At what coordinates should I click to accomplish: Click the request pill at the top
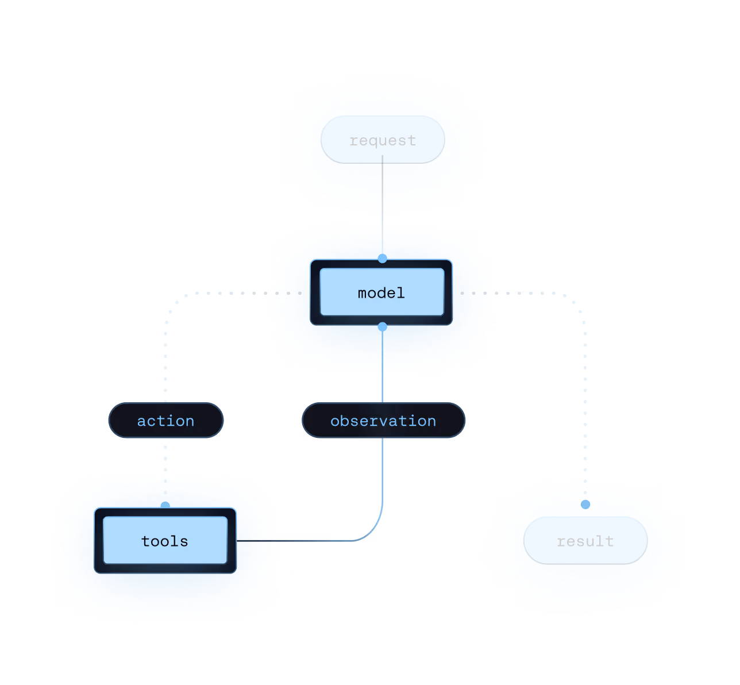(x=383, y=140)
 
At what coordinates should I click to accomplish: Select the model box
(x=381, y=293)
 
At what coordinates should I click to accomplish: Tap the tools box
(x=165, y=541)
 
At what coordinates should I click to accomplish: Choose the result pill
(x=585, y=541)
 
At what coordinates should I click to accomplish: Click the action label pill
(x=165, y=421)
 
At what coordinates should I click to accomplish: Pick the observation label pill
(x=383, y=421)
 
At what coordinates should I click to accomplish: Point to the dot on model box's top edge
(x=383, y=261)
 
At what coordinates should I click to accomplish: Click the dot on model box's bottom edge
(x=383, y=325)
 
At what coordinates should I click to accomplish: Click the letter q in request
(x=376, y=141)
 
